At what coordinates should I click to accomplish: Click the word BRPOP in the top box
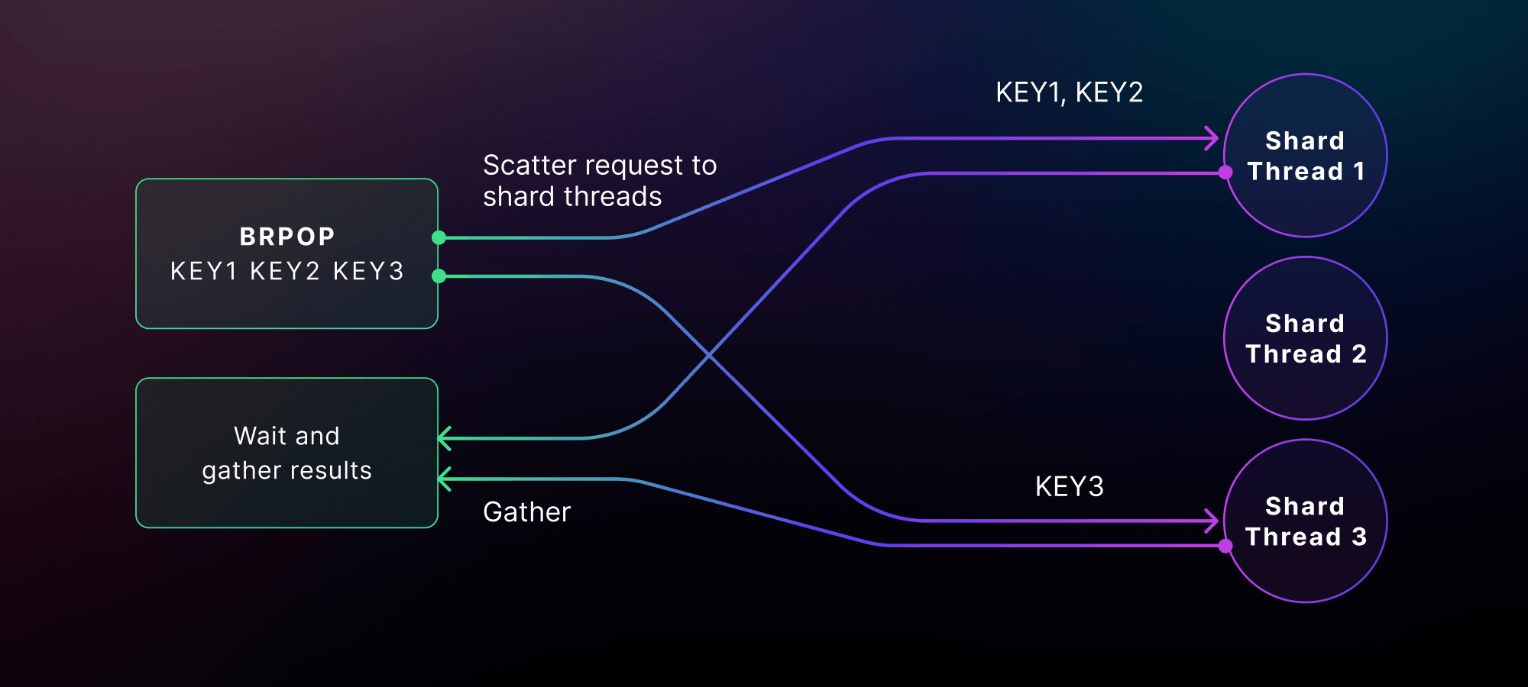click(287, 237)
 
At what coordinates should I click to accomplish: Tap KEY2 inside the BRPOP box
click(285, 272)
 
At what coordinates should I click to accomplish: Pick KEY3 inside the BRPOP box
click(368, 272)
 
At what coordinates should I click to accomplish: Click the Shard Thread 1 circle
click(1306, 156)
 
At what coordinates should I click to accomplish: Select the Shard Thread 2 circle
click(1306, 338)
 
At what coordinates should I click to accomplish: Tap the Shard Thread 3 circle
click(1306, 521)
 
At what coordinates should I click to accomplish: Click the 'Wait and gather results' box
click(286, 453)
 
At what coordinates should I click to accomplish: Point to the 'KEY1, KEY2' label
click(1069, 92)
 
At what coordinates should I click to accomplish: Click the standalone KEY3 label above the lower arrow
click(1069, 486)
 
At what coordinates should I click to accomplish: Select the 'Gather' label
click(526, 512)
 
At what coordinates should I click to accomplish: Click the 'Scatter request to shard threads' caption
click(600, 181)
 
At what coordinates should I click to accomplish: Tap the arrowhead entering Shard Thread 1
click(1212, 138)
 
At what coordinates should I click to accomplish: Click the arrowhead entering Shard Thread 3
click(1212, 521)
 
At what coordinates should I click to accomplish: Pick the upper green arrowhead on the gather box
click(445, 438)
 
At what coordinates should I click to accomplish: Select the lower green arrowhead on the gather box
click(445, 479)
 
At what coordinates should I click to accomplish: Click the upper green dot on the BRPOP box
click(439, 237)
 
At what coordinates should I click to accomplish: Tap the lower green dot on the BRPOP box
click(439, 276)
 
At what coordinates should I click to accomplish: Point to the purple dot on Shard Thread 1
click(1225, 173)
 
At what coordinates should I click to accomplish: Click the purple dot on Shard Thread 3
click(1225, 546)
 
